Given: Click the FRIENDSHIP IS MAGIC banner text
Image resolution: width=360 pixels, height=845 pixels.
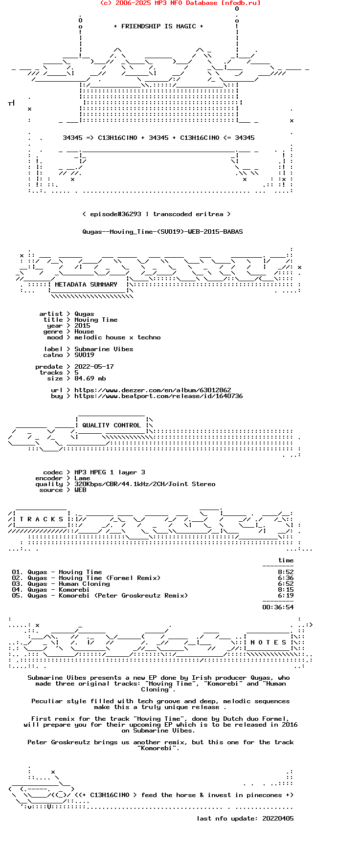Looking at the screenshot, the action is [158, 26].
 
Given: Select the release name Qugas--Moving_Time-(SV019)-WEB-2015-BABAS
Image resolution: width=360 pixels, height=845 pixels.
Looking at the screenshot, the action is [162, 232].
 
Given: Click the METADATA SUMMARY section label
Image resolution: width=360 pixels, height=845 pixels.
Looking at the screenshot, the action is [86, 285].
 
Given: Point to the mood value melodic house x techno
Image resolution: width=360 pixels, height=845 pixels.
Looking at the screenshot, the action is [117, 337].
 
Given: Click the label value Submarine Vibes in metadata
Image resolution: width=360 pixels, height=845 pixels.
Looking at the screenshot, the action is [104, 349].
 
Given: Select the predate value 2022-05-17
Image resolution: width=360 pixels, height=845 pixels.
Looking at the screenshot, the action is [94, 367].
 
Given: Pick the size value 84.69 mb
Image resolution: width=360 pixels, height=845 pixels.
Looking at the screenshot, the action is [90, 378].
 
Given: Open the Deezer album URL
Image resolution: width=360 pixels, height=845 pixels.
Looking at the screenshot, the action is [153, 390].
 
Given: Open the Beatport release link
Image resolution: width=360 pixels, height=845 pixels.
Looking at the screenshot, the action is [158, 396].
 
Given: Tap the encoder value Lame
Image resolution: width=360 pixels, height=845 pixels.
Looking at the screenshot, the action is [82, 478].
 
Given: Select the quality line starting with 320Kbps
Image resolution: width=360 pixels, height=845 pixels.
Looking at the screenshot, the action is [145, 484].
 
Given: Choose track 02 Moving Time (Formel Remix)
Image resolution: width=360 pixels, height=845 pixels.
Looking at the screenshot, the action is [86, 578].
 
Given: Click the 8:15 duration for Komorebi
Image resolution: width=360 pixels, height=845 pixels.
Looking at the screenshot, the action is [286, 590].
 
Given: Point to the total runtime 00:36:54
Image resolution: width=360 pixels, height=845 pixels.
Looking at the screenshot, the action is [278, 607].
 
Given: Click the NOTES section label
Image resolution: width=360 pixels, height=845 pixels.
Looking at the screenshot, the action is [268, 643].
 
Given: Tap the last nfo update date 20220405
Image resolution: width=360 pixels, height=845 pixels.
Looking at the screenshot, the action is [278, 819].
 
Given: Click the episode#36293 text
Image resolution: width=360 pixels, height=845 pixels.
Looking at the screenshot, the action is [115, 214].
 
